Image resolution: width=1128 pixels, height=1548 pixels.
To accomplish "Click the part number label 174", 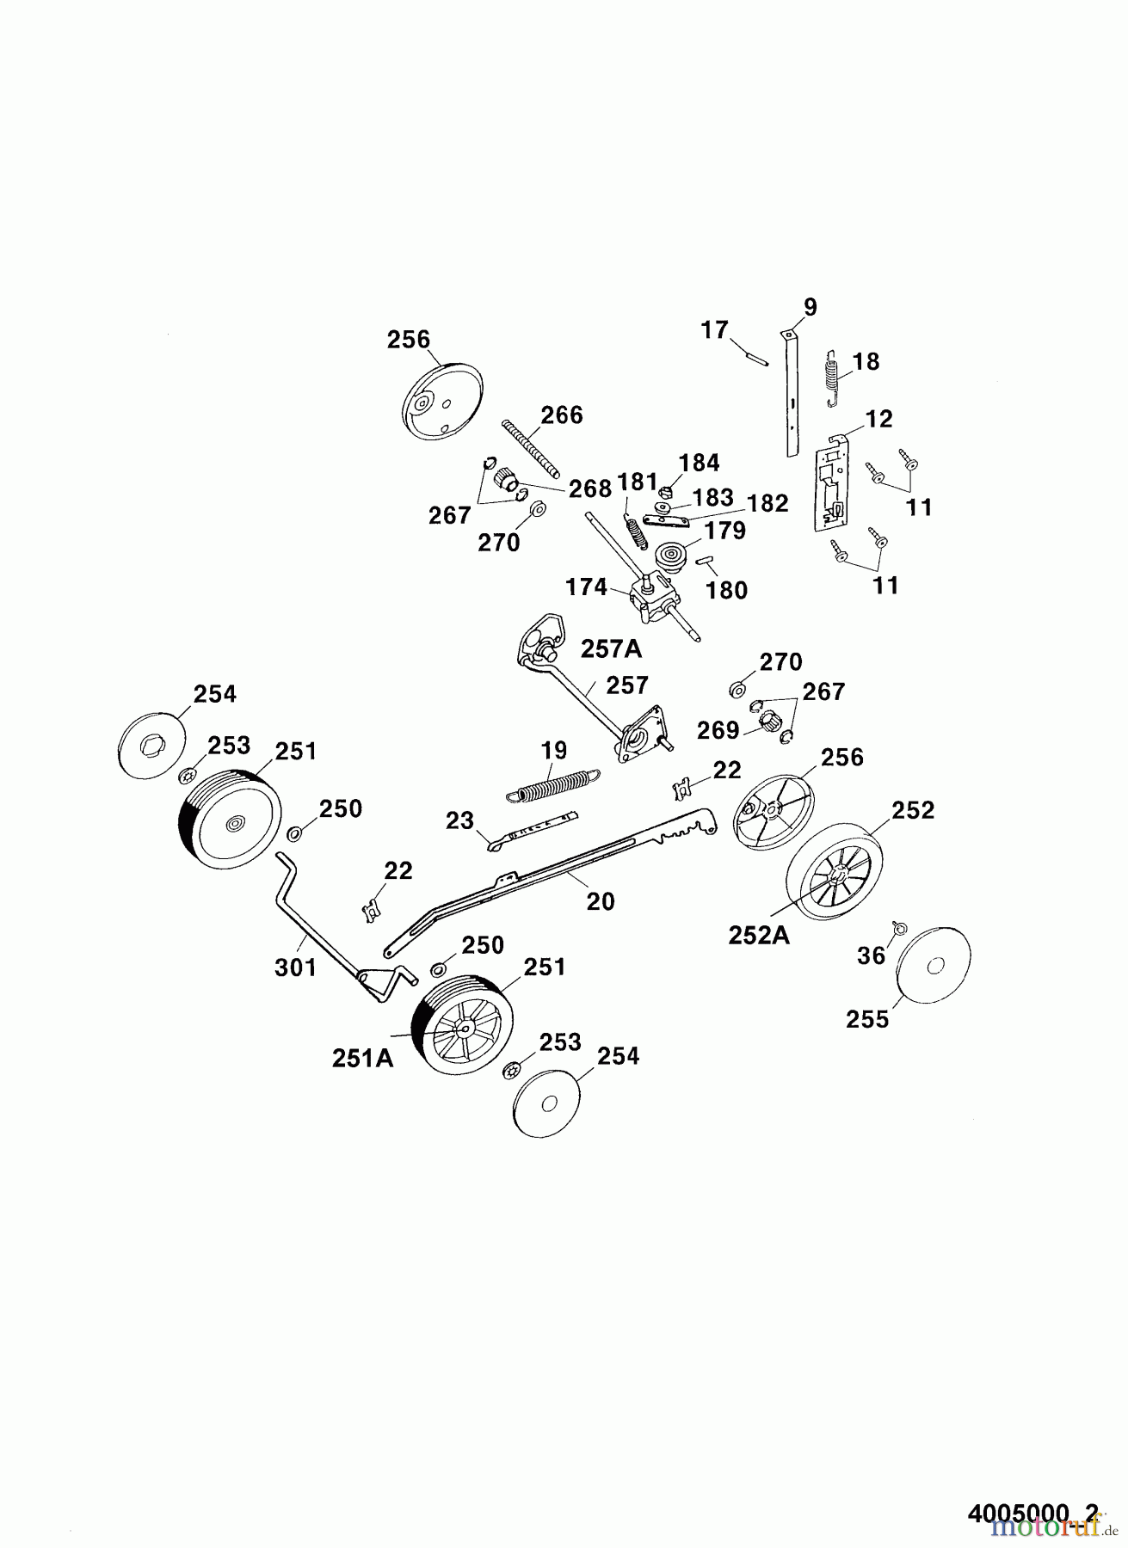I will click(x=586, y=588).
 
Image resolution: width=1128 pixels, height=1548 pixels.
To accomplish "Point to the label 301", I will click(x=296, y=967).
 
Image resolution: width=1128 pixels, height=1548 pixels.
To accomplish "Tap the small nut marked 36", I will click(x=898, y=928).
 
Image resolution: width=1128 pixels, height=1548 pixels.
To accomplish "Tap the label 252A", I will click(x=759, y=935).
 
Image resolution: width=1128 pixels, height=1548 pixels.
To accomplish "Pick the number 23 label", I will click(x=459, y=820).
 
